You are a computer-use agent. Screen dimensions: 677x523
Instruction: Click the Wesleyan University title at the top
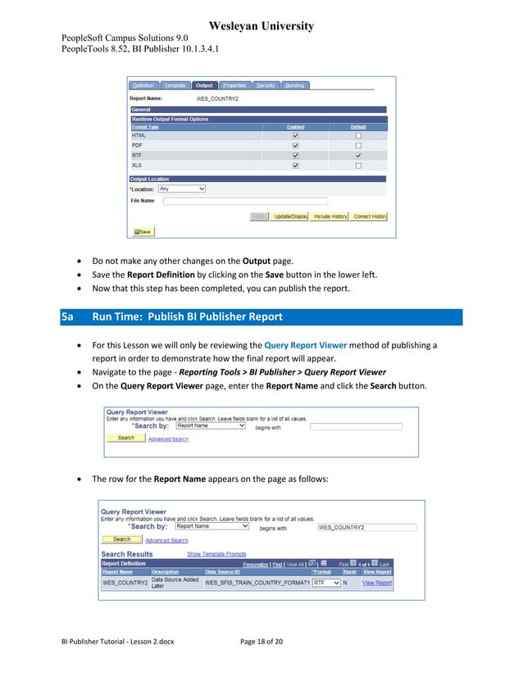pos(261,26)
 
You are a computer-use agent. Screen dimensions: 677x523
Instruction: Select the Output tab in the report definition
pos(204,85)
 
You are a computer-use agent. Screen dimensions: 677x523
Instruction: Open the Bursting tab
pos(294,85)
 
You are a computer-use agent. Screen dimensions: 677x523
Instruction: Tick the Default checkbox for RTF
pos(358,155)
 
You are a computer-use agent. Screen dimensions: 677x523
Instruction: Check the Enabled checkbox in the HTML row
pos(295,135)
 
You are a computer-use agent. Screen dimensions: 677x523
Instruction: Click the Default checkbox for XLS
pos(358,165)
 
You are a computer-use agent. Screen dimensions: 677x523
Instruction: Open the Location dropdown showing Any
pos(181,189)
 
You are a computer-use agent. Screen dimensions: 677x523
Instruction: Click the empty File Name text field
pos(245,200)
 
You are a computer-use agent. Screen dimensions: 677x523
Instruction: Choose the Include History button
pos(330,216)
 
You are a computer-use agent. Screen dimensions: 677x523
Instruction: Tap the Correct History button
pos(369,216)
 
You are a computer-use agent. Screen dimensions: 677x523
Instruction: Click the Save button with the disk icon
pos(141,232)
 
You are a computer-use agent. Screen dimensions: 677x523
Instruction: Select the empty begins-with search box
pos(356,426)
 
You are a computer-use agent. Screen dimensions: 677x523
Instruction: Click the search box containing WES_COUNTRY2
pos(366,527)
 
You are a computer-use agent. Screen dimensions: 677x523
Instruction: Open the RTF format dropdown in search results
pos(326,583)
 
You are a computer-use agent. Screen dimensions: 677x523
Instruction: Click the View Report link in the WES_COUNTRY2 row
pos(377,583)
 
